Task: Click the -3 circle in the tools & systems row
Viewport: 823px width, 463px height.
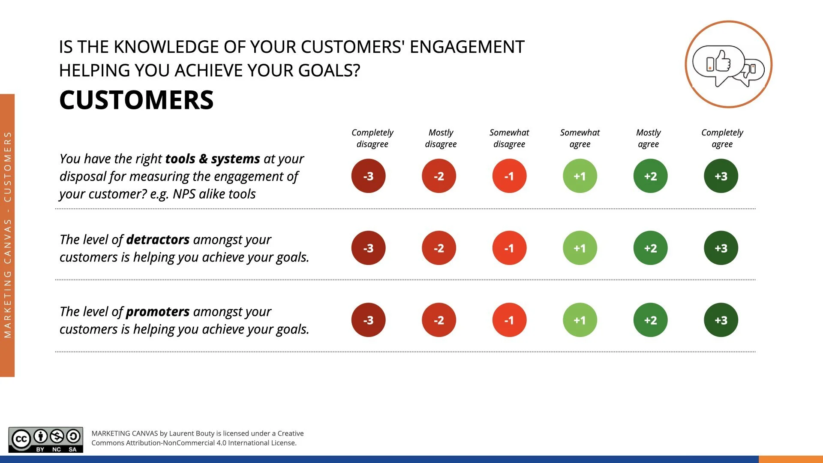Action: [368, 176]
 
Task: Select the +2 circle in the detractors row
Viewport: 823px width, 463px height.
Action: [650, 248]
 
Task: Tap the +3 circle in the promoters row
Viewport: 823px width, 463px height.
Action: [721, 320]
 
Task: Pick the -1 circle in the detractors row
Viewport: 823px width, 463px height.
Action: [509, 248]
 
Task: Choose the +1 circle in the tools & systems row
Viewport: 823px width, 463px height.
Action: [580, 176]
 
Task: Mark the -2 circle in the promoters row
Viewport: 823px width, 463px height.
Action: [439, 320]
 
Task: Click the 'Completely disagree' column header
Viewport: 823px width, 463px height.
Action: [372, 138]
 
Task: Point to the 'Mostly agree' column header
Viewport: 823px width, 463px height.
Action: [648, 138]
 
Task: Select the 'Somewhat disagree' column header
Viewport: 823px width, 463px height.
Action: [509, 138]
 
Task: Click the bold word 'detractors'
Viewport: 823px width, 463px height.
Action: [158, 239]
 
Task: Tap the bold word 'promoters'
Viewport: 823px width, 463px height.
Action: [158, 311]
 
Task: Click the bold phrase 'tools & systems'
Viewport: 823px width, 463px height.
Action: [213, 159]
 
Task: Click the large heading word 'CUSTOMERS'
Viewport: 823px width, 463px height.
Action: [136, 100]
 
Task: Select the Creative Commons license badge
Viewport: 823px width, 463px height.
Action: [46, 440]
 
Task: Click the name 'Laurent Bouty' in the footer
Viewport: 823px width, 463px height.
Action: [192, 433]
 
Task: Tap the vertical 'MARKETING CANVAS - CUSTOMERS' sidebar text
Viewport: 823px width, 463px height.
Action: [7, 235]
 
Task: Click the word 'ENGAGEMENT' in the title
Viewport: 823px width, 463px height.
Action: [467, 47]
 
